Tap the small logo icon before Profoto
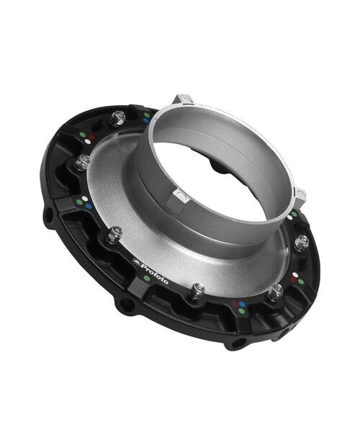[x=136, y=261]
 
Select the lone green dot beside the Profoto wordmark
[x=147, y=278]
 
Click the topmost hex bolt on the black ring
[x=119, y=118]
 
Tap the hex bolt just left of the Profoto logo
[x=114, y=235]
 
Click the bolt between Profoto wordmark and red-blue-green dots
[x=197, y=291]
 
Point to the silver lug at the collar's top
[x=183, y=100]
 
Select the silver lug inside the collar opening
[x=180, y=196]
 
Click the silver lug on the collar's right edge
[x=301, y=196]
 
